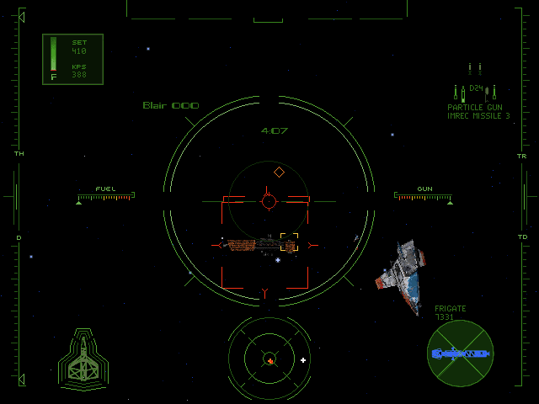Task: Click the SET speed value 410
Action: click(79, 51)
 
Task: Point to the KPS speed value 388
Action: click(79, 75)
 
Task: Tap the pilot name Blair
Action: click(154, 106)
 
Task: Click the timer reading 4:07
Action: click(275, 131)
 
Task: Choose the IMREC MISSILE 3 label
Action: click(478, 116)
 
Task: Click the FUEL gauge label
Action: click(105, 189)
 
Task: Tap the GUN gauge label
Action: click(425, 189)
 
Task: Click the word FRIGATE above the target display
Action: click(451, 309)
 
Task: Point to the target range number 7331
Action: click(444, 317)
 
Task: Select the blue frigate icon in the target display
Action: click(460, 354)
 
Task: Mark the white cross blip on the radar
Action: click(303, 360)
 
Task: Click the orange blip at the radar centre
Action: click(270, 360)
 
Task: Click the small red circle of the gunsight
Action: click(269, 201)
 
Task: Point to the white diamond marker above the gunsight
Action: click(279, 172)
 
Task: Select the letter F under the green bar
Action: click(54, 77)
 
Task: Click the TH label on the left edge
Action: click(19, 155)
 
